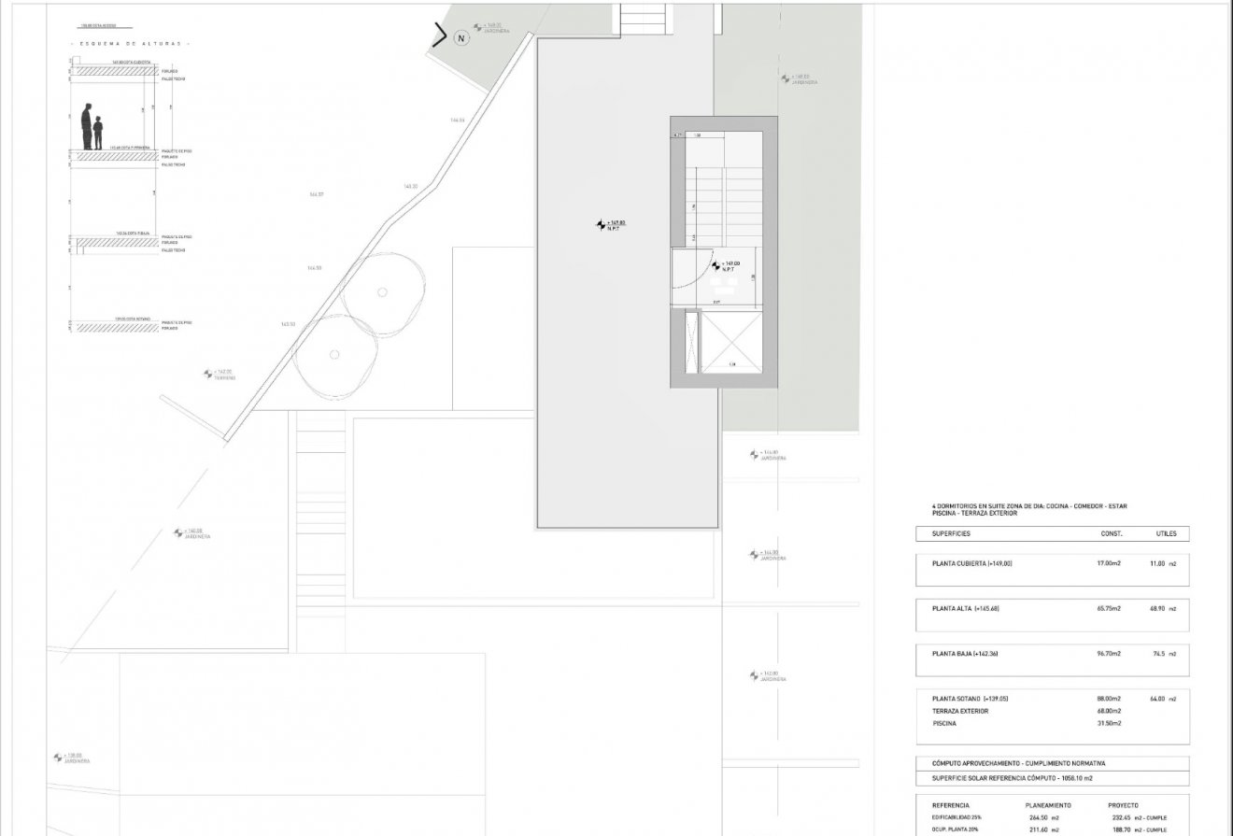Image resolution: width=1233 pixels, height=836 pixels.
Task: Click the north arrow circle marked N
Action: [460, 38]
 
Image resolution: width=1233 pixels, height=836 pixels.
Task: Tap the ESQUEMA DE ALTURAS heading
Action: [130, 44]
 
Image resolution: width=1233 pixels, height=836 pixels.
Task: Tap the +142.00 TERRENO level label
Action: [220, 375]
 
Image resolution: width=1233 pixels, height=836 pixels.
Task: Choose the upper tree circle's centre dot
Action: [382, 291]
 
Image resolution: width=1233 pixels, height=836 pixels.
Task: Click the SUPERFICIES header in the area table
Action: [951, 534]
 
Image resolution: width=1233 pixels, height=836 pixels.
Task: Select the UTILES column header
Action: [1166, 534]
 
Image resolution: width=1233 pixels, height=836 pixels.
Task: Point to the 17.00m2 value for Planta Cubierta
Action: [1109, 563]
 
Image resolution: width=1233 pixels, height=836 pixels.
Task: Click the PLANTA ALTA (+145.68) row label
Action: [966, 608]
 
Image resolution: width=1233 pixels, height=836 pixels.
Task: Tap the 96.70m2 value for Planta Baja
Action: [1109, 654]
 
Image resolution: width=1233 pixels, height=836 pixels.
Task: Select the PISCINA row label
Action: [944, 723]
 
